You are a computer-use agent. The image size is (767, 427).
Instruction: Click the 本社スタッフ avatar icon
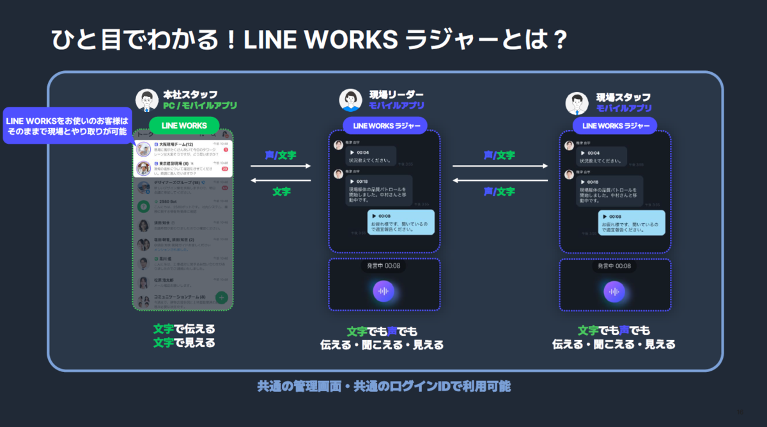147,100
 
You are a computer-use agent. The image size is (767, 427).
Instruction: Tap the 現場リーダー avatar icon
350,100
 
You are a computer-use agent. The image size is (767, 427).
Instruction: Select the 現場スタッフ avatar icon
577,102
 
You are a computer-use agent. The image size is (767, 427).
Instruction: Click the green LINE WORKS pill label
184,125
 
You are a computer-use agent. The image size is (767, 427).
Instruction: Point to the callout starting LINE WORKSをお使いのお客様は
67,125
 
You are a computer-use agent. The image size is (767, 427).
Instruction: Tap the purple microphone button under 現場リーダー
383,291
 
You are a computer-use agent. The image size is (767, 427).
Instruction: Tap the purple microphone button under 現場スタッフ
614,291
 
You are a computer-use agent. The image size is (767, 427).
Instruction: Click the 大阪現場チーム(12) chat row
182,149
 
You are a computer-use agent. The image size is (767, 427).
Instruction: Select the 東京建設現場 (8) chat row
182,168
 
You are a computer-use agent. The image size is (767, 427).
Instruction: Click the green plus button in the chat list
221,297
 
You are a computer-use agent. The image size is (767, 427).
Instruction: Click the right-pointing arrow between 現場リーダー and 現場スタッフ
500,166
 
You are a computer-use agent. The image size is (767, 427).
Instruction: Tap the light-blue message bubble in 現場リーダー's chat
401,222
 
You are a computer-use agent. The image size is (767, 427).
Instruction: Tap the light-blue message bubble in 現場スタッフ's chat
631,222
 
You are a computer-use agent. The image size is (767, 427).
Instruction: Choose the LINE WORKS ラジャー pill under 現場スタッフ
614,126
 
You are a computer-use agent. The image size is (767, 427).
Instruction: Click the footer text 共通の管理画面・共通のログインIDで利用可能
383,387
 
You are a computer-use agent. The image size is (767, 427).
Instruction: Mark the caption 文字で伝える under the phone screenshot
184,329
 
